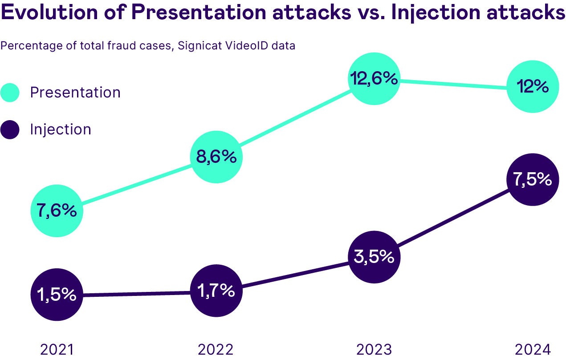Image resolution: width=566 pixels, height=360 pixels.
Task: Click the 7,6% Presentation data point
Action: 57,210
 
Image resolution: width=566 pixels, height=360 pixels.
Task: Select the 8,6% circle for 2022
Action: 216,157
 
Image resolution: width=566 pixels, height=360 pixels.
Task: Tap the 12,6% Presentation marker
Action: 374,79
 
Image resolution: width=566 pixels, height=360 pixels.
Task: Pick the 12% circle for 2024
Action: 533,86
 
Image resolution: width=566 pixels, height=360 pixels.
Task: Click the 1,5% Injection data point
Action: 57,295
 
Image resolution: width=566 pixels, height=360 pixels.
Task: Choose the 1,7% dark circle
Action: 216,291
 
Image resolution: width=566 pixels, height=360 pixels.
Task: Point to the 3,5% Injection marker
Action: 374,257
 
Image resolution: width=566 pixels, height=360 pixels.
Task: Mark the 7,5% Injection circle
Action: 533,179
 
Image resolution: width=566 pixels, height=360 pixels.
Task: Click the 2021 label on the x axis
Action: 57,349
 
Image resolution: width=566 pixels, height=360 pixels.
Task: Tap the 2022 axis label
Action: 216,349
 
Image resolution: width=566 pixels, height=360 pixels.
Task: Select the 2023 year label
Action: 374,349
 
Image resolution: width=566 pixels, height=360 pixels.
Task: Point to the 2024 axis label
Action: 533,349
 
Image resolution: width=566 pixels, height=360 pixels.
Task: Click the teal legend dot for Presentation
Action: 10,93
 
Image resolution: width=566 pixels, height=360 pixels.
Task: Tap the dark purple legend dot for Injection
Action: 10,129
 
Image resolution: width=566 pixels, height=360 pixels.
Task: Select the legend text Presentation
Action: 75,93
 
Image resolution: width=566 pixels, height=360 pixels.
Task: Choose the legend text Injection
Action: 61,129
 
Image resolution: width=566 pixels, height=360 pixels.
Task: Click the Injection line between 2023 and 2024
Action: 453,218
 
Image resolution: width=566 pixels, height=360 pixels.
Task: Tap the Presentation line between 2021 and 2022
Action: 136,184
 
